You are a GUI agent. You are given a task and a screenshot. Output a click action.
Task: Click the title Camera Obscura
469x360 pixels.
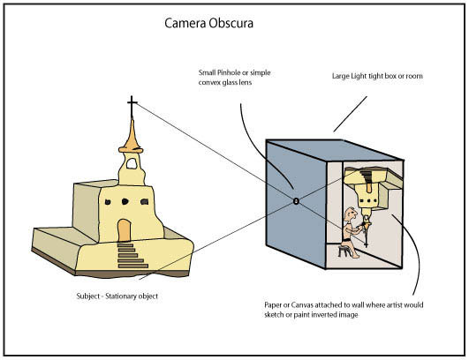[x=208, y=23]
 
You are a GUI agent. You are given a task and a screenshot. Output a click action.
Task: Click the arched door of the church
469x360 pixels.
[x=125, y=230]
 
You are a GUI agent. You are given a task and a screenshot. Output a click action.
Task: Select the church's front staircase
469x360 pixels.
[x=132, y=255]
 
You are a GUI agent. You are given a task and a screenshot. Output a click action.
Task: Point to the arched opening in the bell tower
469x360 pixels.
[x=132, y=164]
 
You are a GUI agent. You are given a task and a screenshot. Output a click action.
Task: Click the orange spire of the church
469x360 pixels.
[x=131, y=138]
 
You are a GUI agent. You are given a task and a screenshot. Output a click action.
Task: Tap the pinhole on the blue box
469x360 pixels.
[x=296, y=201]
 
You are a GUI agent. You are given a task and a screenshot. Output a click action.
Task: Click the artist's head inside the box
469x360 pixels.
[x=351, y=214]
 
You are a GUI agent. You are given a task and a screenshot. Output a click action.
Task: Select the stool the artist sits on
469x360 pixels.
[x=344, y=251]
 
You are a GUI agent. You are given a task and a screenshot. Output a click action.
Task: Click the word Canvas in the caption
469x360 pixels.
[x=302, y=305]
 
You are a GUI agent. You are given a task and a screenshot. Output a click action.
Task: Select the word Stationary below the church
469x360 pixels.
[x=120, y=296]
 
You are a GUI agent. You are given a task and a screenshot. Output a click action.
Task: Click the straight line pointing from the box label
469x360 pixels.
[x=351, y=114]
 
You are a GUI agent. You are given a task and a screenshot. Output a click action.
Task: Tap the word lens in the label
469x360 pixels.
[x=246, y=82]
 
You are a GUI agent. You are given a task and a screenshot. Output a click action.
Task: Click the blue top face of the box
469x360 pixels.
[x=334, y=150]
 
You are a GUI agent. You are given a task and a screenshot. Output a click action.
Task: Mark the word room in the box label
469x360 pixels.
[x=414, y=76]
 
